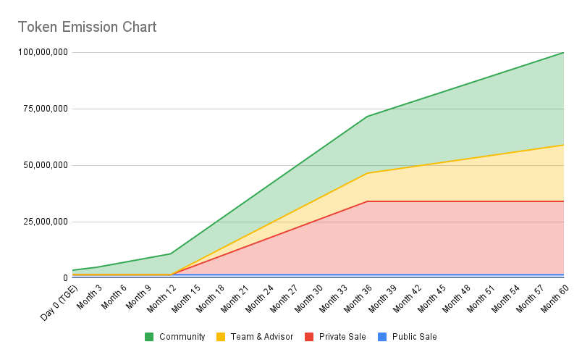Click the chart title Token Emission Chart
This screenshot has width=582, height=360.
pos(87,28)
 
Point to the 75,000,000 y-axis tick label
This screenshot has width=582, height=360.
pos(43,109)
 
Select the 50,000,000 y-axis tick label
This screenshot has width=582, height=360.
pos(43,165)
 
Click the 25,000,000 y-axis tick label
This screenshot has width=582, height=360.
pos(43,222)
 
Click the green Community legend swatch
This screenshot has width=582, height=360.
pos(149,337)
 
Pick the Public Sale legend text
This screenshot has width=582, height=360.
pos(414,337)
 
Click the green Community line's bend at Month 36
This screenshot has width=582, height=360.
pos(368,117)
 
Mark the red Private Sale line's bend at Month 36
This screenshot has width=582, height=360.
pos(368,201)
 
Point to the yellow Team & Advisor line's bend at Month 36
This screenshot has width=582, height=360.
pos(368,173)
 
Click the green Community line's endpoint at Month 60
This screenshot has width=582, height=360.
pos(564,52)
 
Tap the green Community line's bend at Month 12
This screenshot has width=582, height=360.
pos(171,254)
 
